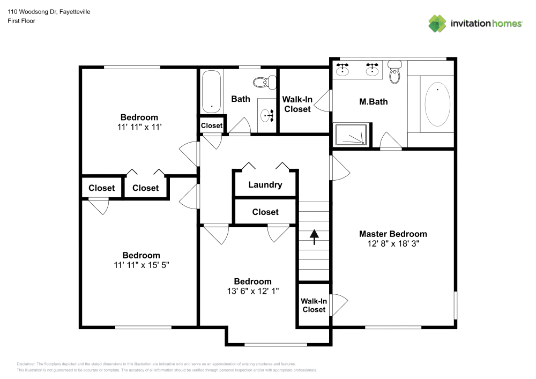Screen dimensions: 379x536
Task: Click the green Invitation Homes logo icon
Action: [x=437, y=23]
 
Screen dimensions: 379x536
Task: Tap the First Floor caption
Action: [x=21, y=21]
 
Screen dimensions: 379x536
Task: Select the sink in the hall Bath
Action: [x=266, y=114]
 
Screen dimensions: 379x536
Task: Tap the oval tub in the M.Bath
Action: [x=437, y=104]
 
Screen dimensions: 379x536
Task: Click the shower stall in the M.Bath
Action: [x=352, y=135]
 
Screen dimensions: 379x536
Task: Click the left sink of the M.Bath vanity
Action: [x=343, y=69]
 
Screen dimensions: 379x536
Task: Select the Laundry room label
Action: [x=265, y=185]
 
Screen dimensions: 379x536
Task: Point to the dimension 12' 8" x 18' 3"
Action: [x=393, y=243]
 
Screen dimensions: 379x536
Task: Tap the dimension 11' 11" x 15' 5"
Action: [x=141, y=265]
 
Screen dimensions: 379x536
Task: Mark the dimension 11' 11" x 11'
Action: [x=139, y=127]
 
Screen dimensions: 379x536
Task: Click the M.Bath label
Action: [x=373, y=101]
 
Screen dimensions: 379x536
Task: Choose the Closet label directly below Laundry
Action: [x=265, y=212]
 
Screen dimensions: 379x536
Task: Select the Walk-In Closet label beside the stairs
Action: [x=314, y=306]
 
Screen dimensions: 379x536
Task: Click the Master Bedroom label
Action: [x=393, y=234]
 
